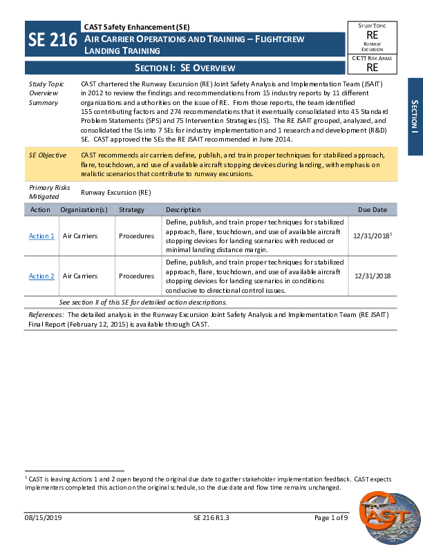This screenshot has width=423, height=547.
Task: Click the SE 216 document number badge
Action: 52,39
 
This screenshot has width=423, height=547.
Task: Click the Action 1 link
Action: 41,236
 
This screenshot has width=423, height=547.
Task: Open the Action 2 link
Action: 41,276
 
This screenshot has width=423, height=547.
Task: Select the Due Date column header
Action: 373,210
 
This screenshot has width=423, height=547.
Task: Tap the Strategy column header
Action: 131,210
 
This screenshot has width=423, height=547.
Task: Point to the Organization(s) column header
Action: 84,210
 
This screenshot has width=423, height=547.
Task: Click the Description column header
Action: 183,210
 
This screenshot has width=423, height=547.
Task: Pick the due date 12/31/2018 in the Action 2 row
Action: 373,276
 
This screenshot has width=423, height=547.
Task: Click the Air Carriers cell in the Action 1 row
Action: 80,236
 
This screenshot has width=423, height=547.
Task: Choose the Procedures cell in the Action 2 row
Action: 136,276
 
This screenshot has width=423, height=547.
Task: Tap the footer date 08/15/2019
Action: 44,519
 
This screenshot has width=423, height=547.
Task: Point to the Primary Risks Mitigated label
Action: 48,192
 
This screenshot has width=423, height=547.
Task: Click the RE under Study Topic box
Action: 372,35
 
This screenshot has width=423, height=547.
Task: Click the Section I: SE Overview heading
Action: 185,68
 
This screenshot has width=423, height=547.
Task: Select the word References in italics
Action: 46,314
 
